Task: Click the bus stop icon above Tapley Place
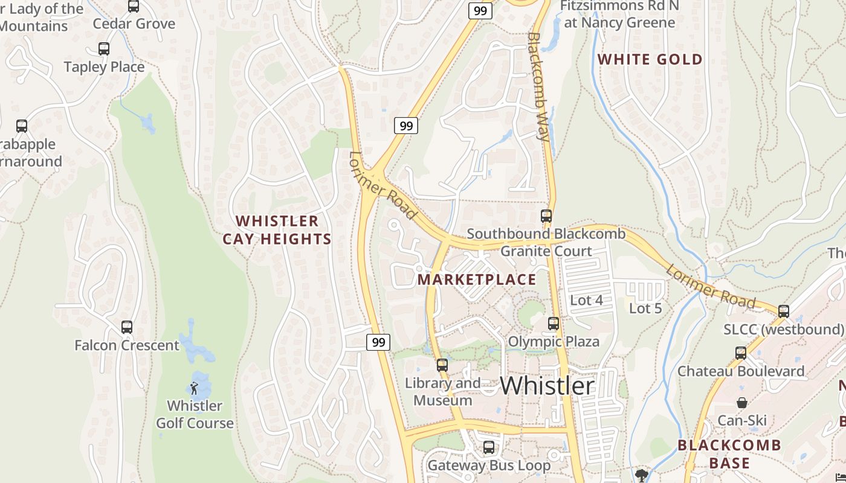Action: [104, 49]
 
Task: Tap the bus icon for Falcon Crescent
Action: [127, 327]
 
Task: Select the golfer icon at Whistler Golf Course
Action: [194, 388]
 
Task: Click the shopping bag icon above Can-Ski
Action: [741, 403]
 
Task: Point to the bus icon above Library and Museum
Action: [442, 365]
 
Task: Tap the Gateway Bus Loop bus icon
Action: [489, 447]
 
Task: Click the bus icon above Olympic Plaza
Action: [554, 324]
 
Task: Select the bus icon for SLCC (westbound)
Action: [784, 312]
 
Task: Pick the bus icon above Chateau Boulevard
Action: [741, 353]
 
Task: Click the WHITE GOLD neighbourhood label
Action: [650, 59]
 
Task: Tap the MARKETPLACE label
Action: [477, 280]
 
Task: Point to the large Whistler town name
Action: [547, 386]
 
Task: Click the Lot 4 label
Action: [586, 300]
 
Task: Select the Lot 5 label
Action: [645, 309]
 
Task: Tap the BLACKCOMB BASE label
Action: [729, 454]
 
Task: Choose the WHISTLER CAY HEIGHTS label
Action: [277, 230]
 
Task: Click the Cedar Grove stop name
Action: [134, 24]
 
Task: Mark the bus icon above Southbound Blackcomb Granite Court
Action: [546, 216]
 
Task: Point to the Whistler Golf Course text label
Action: [195, 414]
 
